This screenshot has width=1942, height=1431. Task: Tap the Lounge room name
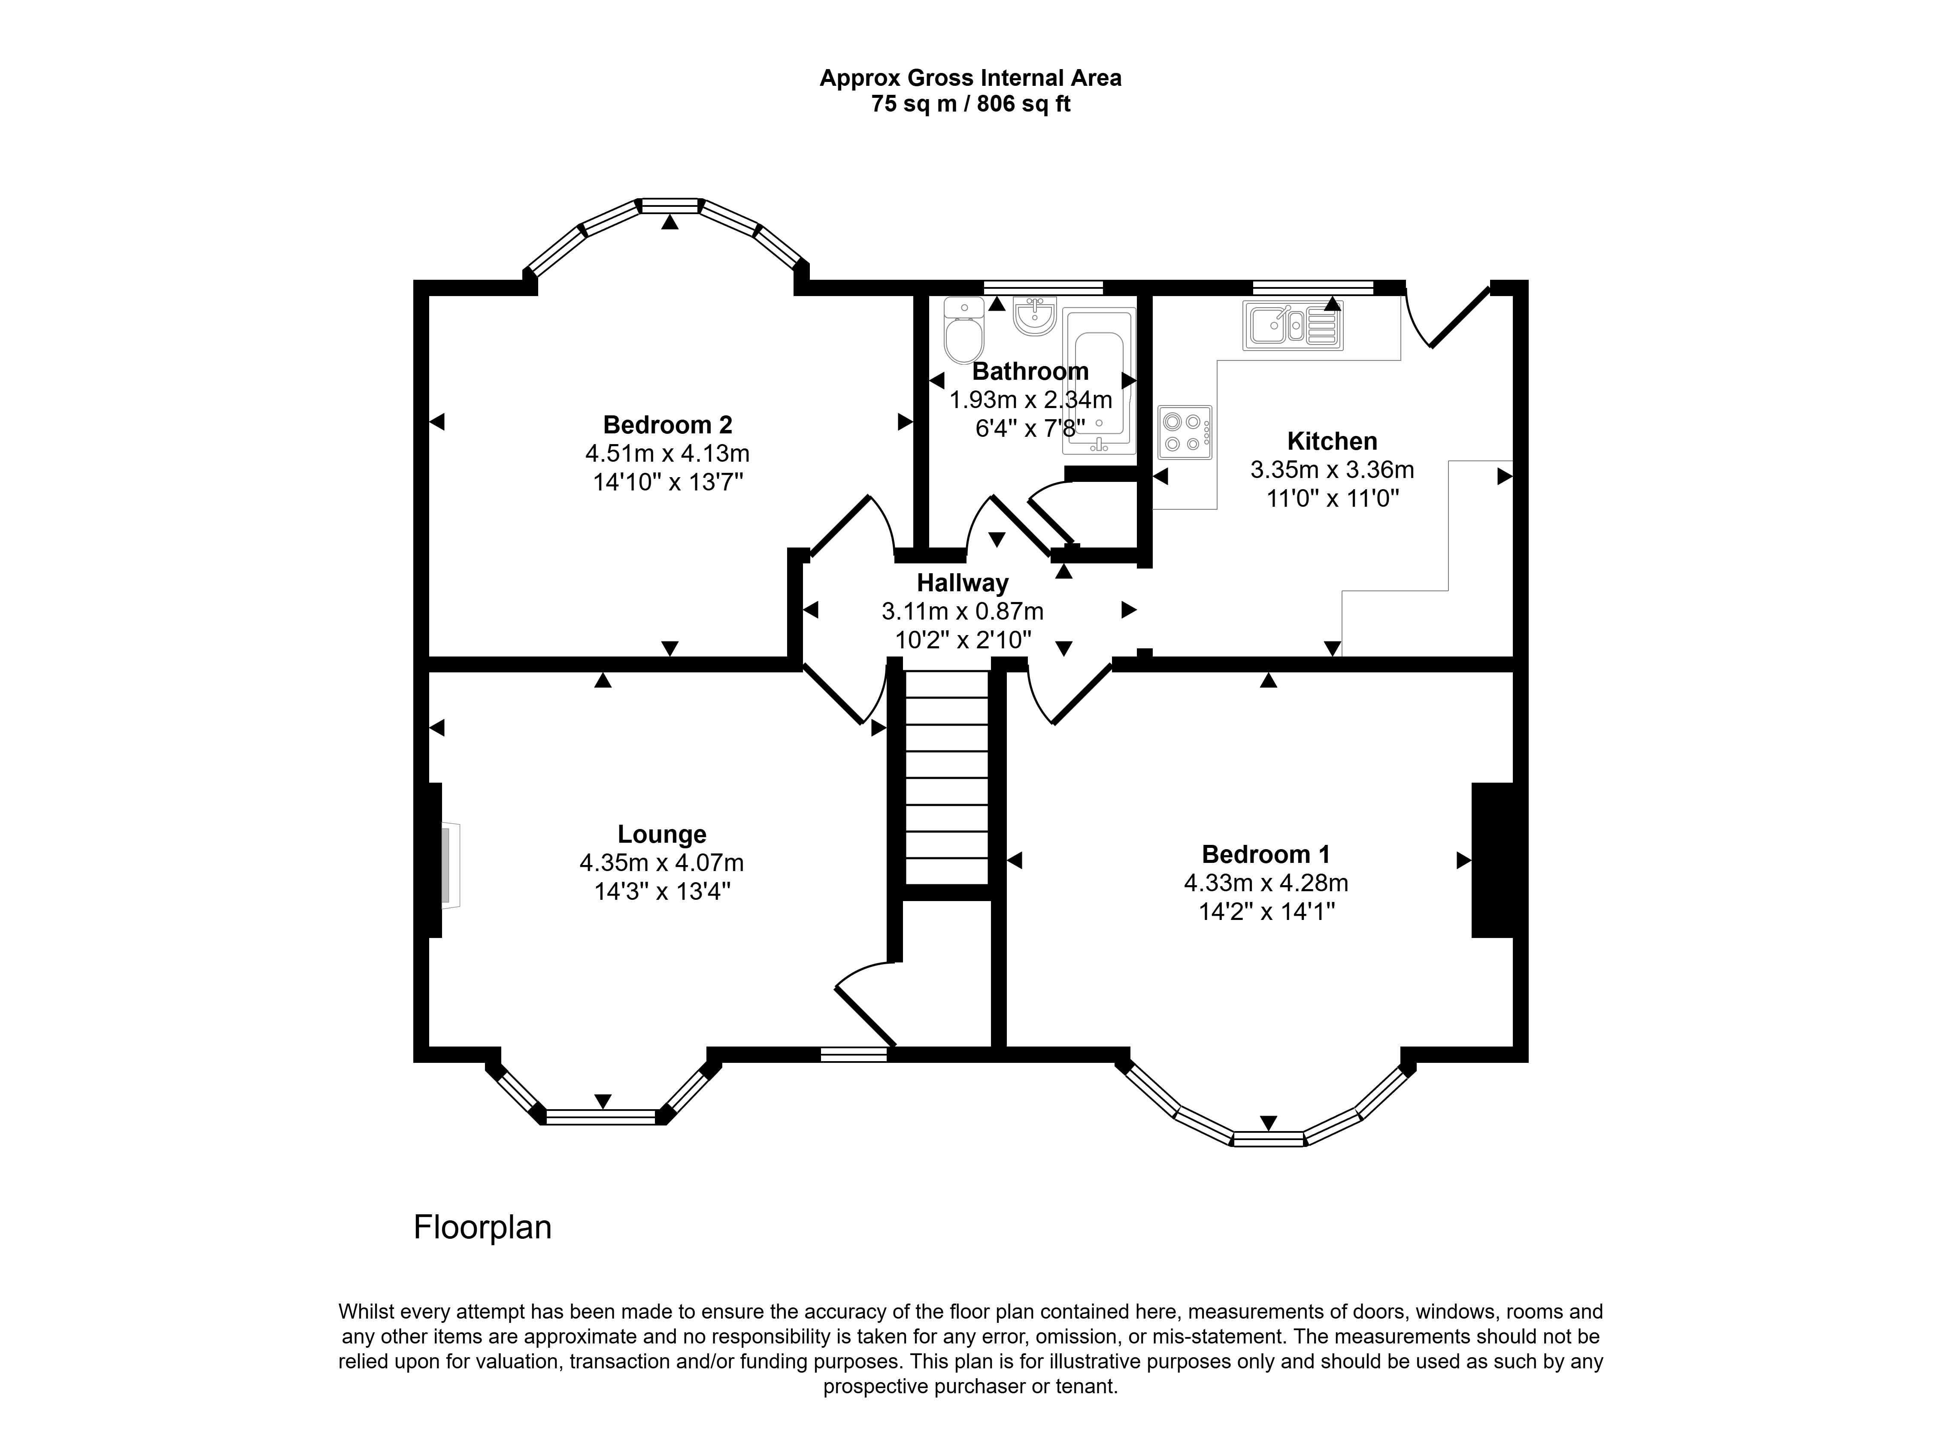coord(662,834)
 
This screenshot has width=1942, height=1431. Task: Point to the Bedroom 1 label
coord(1266,854)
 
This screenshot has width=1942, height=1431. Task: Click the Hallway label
coord(962,583)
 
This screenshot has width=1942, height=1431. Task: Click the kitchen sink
coord(1292,326)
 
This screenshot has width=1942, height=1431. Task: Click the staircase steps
coord(947,777)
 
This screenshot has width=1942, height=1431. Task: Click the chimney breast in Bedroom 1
coord(1493,860)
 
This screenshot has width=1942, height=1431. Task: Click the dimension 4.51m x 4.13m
coord(667,453)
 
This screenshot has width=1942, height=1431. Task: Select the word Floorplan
coord(482,1228)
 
